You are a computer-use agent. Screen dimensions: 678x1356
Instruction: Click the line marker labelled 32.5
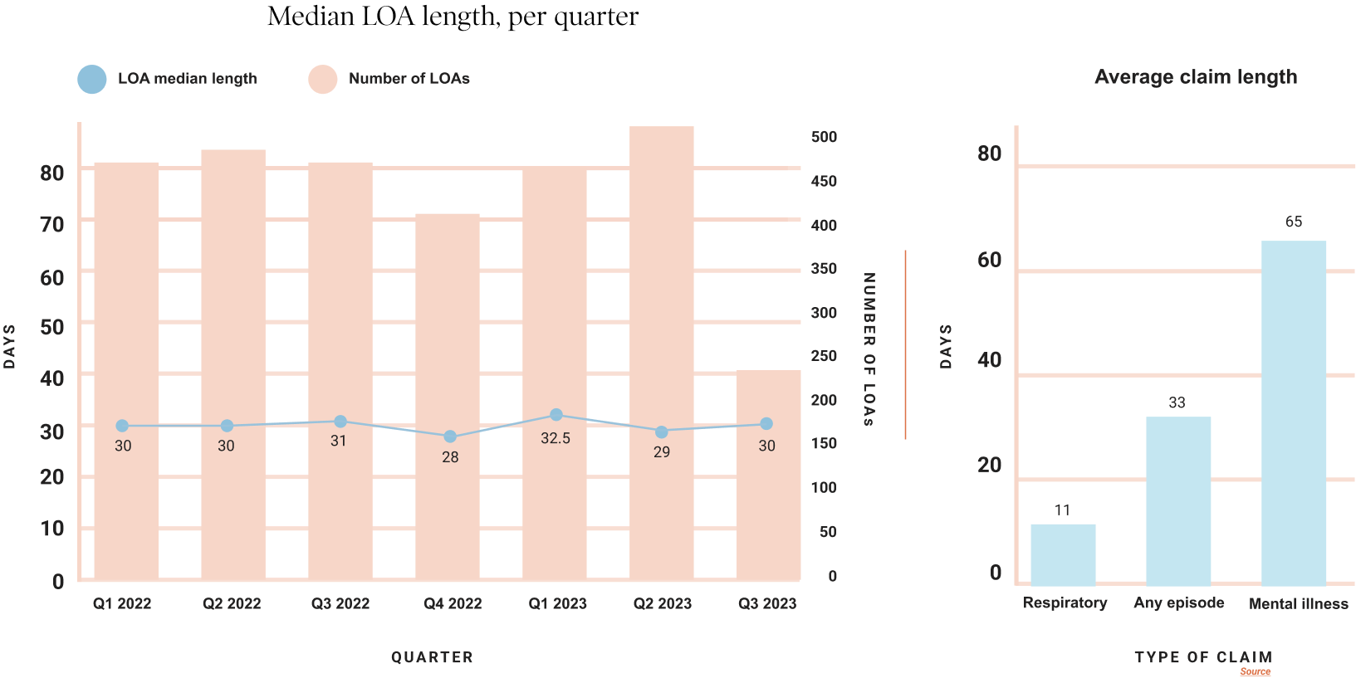click(x=556, y=415)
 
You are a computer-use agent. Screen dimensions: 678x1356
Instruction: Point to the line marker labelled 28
click(x=450, y=437)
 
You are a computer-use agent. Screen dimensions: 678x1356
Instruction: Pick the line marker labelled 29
click(x=661, y=432)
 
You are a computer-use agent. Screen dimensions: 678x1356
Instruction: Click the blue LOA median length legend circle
click(x=92, y=80)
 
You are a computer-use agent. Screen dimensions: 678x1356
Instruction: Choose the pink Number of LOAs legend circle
click(x=323, y=80)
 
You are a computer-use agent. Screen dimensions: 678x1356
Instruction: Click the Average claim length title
click(x=1195, y=77)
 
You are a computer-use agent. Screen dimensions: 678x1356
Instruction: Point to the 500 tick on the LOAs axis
click(x=824, y=137)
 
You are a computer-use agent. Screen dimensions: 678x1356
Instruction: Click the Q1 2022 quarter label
click(x=122, y=604)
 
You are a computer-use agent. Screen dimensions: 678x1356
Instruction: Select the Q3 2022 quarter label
click(x=340, y=604)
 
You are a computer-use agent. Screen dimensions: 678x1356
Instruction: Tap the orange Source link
click(x=1255, y=671)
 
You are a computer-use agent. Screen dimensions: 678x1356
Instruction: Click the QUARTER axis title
click(x=432, y=657)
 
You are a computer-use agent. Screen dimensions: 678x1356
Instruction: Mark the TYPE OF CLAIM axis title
click(x=1203, y=657)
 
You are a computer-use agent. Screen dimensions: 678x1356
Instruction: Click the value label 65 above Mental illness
click(x=1293, y=222)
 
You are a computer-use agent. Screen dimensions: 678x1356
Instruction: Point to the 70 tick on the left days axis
click(x=51, y=225)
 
